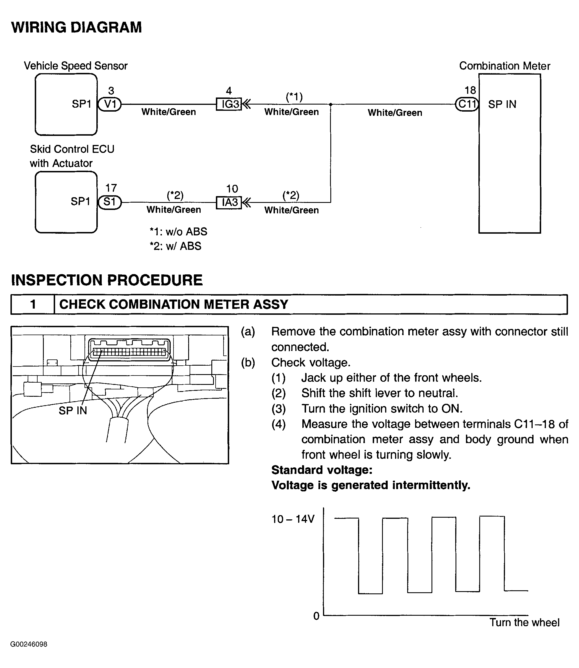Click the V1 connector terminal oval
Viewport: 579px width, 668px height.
[110, 104]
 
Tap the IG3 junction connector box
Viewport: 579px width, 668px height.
[229, 104]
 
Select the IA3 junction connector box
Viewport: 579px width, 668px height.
[229, 203]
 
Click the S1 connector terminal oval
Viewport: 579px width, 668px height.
[110, 202]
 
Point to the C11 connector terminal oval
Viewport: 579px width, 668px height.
[467, 104]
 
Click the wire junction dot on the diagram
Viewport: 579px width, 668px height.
[331, 104]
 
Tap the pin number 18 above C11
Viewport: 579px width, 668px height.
[470, 90]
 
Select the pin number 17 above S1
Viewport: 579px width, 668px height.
[111, 188]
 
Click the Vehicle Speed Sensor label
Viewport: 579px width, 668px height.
[76, 66]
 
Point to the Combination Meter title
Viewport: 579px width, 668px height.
[504, 66]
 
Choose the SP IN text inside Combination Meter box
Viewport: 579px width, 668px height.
[502, 104]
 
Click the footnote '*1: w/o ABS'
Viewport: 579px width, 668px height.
[178, 232]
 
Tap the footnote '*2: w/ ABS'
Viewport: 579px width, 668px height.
[175, 246]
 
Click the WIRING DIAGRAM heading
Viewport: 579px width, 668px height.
[77, 27]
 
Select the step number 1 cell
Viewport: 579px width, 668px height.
[32, 304]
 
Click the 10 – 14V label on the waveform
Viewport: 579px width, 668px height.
[293, 519]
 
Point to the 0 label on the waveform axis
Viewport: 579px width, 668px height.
[316, 616]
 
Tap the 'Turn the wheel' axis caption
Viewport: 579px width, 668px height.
[524, 623]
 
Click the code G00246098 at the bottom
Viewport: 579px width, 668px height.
[29, 645]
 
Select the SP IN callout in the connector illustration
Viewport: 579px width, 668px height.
[73, 411]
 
